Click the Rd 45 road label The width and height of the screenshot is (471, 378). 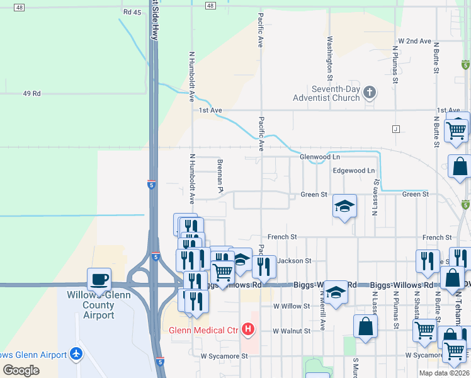[133, 12]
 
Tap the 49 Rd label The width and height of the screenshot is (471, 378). [31, 93]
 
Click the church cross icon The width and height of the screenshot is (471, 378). [370, 93]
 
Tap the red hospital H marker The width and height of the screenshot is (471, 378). [248, 329]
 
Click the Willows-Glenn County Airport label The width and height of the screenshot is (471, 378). [91, 305]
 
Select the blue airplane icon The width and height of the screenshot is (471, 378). [77, 355]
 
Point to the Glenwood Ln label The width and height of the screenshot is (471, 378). [319, 156]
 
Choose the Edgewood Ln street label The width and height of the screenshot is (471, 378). [353, 171]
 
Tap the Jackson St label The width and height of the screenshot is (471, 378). [294, 260]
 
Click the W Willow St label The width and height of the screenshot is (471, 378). [292, 306]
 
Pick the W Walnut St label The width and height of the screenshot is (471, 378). [292, 331]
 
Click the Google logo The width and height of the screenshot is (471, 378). [21, 370]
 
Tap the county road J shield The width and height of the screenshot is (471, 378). [396, 129]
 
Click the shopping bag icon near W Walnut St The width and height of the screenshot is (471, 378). [365, 326]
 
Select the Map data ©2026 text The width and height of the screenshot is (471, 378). [444, 373]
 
